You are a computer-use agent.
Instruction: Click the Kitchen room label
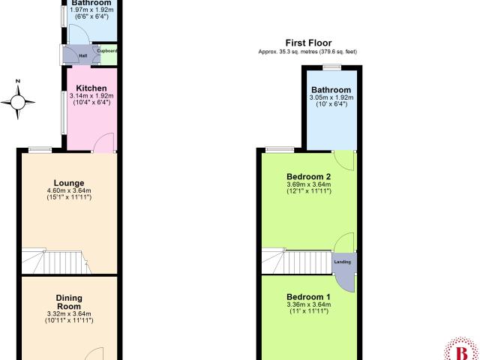[91, 88]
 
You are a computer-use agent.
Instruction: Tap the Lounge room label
[69, 183]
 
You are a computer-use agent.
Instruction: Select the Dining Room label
[69, 302]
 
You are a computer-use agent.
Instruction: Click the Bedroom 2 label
[308, 177]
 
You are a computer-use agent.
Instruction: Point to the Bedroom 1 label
[308, 297]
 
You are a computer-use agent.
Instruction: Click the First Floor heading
[308, 43]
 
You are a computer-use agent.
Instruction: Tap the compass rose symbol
[18, 102]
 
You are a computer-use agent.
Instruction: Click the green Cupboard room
[109, 55]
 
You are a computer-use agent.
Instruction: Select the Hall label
[83, 55]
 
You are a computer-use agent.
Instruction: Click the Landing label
[343, 262]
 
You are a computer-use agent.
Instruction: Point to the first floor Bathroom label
[331, 90]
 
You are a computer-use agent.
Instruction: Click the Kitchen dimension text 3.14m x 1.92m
[91, 96]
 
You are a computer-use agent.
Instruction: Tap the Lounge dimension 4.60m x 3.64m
[69, 190]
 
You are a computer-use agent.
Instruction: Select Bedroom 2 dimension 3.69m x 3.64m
[308, 184]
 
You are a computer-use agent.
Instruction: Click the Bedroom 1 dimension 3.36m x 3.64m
[308, 304]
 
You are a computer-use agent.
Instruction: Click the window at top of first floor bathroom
[333, 67]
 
